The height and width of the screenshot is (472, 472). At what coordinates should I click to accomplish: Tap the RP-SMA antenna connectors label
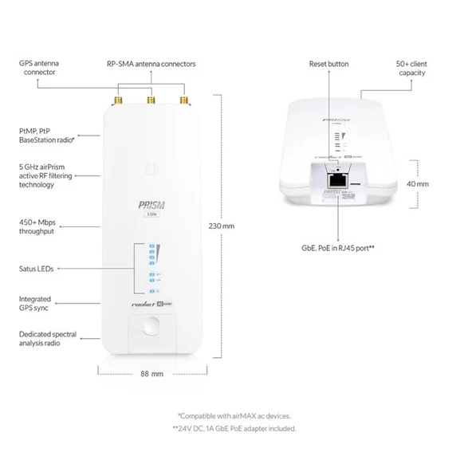(151, 63)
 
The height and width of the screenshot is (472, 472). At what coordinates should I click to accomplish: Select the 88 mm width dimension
(151, 373)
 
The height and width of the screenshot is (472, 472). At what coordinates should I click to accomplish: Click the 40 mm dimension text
(418, 183)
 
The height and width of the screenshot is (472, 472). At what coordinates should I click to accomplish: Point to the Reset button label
(328, 63)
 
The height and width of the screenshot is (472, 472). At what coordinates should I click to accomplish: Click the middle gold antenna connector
(150, 101)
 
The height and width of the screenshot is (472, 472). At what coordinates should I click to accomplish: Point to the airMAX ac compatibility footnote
(236, 416)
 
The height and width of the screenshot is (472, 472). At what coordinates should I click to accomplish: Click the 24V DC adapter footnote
(234, 428)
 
